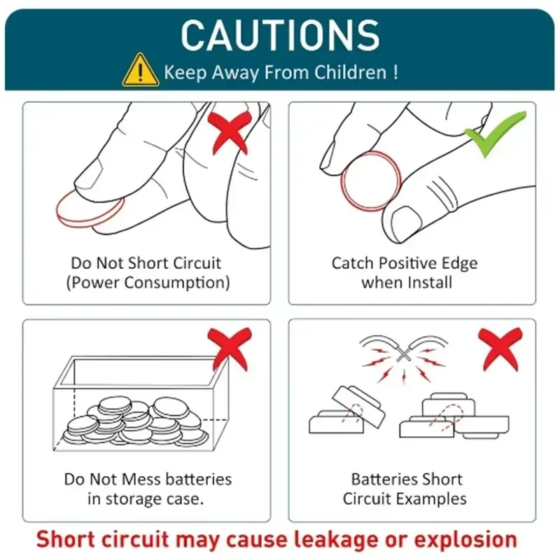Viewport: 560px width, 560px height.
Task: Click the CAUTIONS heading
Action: (x=280, y=35)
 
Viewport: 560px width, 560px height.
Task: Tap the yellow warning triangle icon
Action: (x=141, y=70)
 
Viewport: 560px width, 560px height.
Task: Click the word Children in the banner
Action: (x=351, y=72)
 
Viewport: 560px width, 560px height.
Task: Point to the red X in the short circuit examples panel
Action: (x=500, y=349)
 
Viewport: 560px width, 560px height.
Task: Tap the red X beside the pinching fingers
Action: (x=230, y=132)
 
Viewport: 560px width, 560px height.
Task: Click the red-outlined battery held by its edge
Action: (x=371, y=181)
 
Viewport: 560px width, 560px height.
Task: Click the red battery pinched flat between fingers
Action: (x=90, y=209)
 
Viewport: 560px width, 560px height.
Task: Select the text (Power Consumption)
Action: (x=148, y=283)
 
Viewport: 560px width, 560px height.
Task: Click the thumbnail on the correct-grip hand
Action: (x=407, y=221)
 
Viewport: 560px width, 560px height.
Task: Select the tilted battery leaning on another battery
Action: (x=358, y=406)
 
